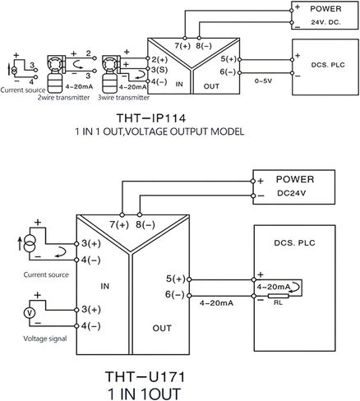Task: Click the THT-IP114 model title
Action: [x=151, y=118]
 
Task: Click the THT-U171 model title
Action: [x=145, y=376]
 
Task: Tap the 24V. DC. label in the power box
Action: [x=325, y=22]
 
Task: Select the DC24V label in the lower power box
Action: [x=292, y=193]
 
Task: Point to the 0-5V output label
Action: [x=263, y=81]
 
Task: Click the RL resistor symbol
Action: [x=279, y=296]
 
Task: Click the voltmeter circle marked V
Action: [x=30, y=313]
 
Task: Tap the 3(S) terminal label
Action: [x=159, y=70]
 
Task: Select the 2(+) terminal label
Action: [x=159, y=60]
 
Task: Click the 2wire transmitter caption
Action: [x=63, y=98]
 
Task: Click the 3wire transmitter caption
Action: [x=124, y=98]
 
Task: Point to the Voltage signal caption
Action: [x=45, y=339]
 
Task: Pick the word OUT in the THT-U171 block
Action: [x=162, y=328]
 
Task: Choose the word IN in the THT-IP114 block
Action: [x=179, y=84]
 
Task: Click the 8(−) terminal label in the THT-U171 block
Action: [x=145, y=224]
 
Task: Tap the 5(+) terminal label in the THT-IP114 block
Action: [x=228, y=59]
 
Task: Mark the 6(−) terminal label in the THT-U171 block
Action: [x=175, y=295]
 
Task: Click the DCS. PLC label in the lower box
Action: [x=294, y=242]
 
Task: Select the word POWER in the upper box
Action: [x=325, y=9]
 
